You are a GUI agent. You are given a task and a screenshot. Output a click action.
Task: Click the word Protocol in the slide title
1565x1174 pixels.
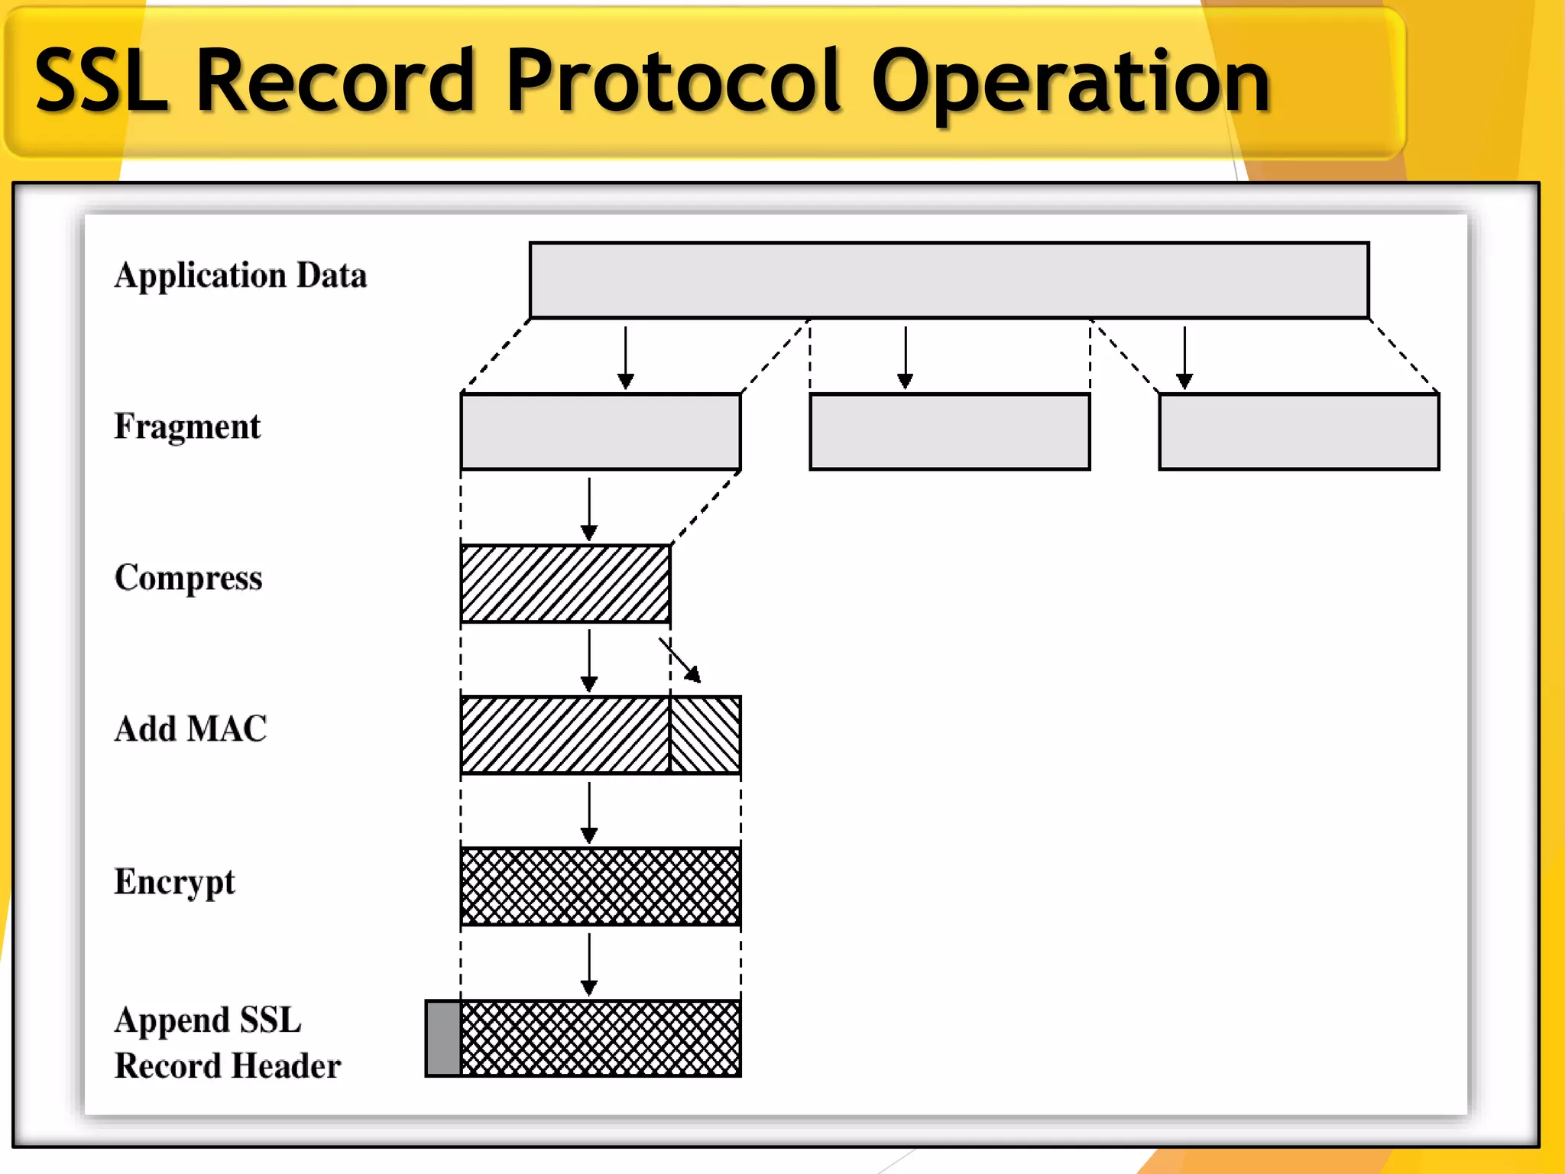[672, 80]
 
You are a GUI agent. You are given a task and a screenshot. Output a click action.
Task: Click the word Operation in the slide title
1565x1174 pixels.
[1070, 80]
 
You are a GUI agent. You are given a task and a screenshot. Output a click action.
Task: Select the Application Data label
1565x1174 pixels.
[241, 275]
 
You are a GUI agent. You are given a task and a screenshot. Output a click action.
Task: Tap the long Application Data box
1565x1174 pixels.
[948, 280]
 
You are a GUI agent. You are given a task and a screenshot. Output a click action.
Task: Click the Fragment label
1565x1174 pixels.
[187, 426]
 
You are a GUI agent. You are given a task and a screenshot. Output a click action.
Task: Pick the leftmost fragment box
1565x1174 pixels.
[601, 431]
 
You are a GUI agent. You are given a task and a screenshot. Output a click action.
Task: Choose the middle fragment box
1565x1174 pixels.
[949, 431]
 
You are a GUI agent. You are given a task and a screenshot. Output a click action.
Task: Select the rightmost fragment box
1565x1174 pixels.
[1298, 431]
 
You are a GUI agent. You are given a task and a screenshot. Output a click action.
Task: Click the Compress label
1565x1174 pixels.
[188, 578]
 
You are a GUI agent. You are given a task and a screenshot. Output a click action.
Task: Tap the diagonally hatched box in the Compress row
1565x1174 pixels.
[565, 583]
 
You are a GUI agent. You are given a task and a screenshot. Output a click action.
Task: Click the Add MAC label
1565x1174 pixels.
[190, 728]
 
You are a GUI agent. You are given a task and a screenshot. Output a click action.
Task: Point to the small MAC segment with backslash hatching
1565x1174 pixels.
[705, 735]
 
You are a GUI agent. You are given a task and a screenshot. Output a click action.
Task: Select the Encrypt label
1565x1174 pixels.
[174, 881]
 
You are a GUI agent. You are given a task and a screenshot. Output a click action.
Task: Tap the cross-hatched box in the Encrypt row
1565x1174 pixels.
[601, 886]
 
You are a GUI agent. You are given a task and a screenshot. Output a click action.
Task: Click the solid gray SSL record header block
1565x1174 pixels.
[443, 1038]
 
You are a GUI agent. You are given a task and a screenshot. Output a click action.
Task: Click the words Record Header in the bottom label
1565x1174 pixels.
[228, 1065]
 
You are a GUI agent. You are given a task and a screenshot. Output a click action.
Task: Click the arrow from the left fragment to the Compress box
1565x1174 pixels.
[589, 509]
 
